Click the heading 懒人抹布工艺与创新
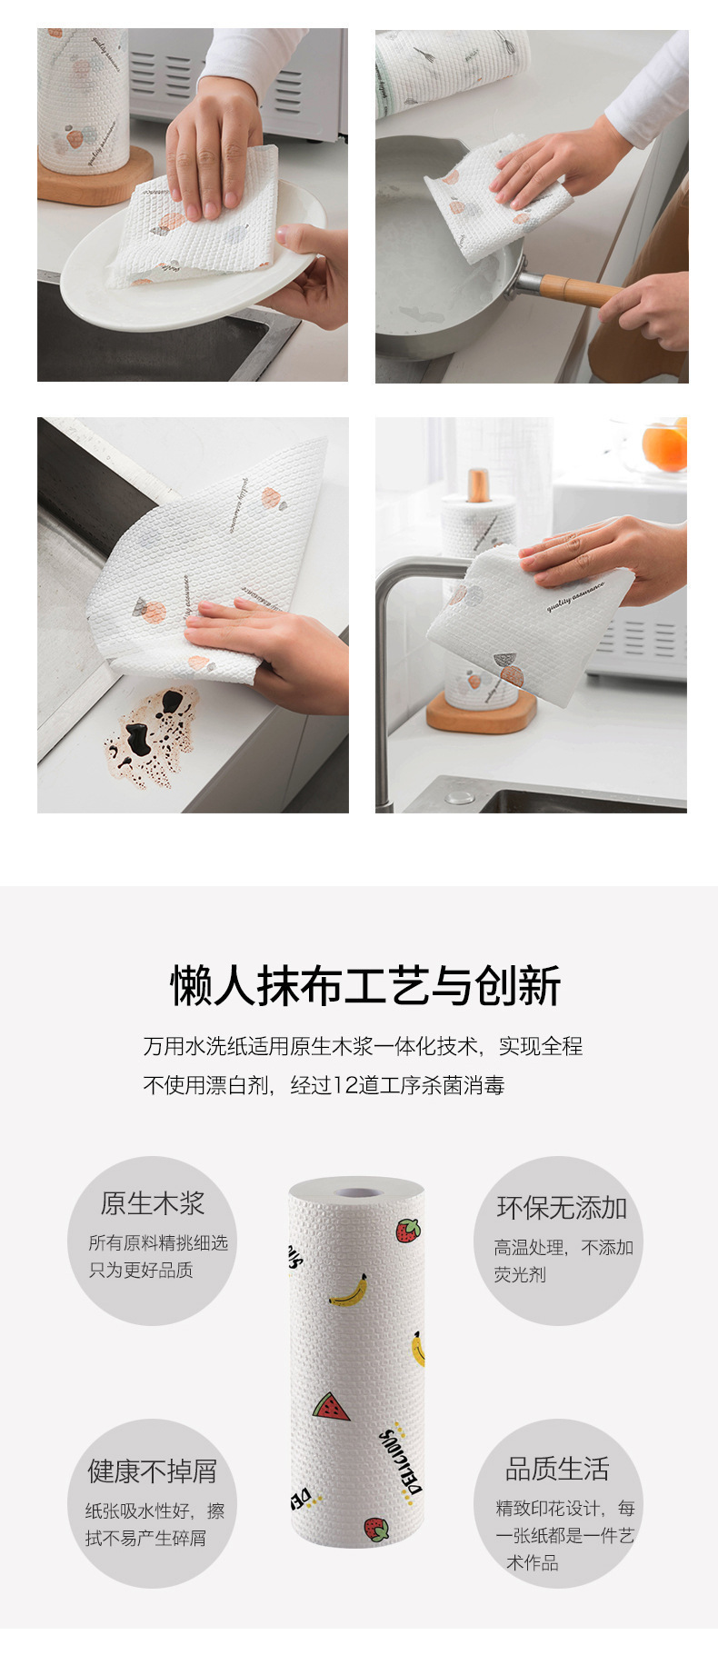365,986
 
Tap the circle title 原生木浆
153,1203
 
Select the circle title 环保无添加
562,1208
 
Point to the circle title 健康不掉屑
153,1471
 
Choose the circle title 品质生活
557,1468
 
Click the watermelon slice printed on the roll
330,1407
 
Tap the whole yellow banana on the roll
349,1291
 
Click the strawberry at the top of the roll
408,1231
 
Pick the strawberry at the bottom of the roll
376,1529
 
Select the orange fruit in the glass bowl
664,446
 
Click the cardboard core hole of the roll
356,1191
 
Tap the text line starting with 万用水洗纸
363,1046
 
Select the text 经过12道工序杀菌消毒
397,1085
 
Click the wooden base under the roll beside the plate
95,183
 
